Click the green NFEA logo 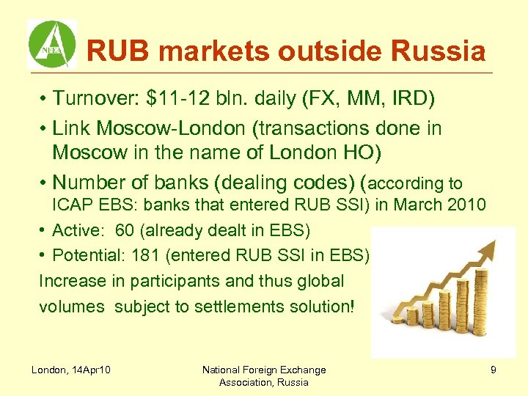[52, 43]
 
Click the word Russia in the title [444, 52]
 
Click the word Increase [72, 281]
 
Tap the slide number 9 [493, 370]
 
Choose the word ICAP [71, 205]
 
